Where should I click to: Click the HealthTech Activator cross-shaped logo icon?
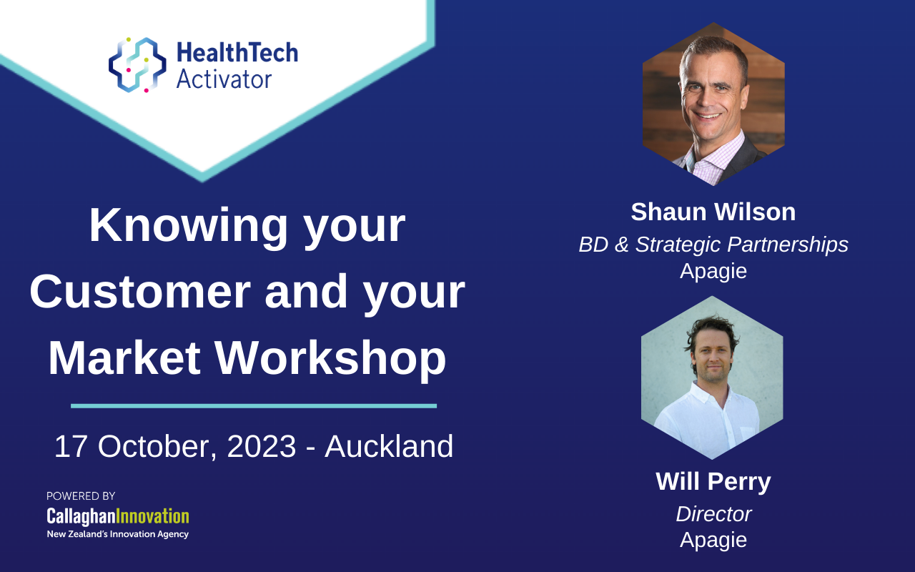point(137,65)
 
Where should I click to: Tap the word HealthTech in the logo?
point(237,53)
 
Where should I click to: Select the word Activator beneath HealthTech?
point(224,79)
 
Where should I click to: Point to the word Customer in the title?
point(140,292)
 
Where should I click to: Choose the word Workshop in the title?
point(330,358)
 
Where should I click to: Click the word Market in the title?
point(124,358)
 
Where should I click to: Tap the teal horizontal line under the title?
point(254,406)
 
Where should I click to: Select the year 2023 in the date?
point(262,446)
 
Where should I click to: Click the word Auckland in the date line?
point(389,446)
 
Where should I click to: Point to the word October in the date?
point(157,447)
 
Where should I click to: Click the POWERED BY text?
point(81,496)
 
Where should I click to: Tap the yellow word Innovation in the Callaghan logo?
point(153,516)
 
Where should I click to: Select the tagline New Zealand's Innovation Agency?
point(118,534)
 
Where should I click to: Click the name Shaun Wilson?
point(713,212)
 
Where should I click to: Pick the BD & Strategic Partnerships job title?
point(713,245)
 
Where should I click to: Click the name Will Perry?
point(713,482)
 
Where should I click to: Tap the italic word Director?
point(713,513)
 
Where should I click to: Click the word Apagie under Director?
point(713,540)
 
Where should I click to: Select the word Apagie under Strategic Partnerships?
point(713,271)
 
